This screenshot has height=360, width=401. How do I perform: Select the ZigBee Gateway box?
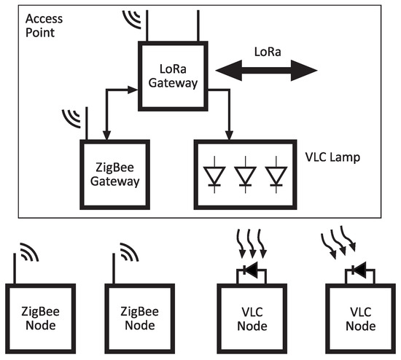click(x=114, y=174)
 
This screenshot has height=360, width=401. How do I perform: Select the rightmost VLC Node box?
click(x=354, y=319)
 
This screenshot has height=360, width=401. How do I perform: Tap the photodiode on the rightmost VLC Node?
click(x=358, y=271)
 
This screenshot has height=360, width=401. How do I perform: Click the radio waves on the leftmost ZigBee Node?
click(x=28, y=254)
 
